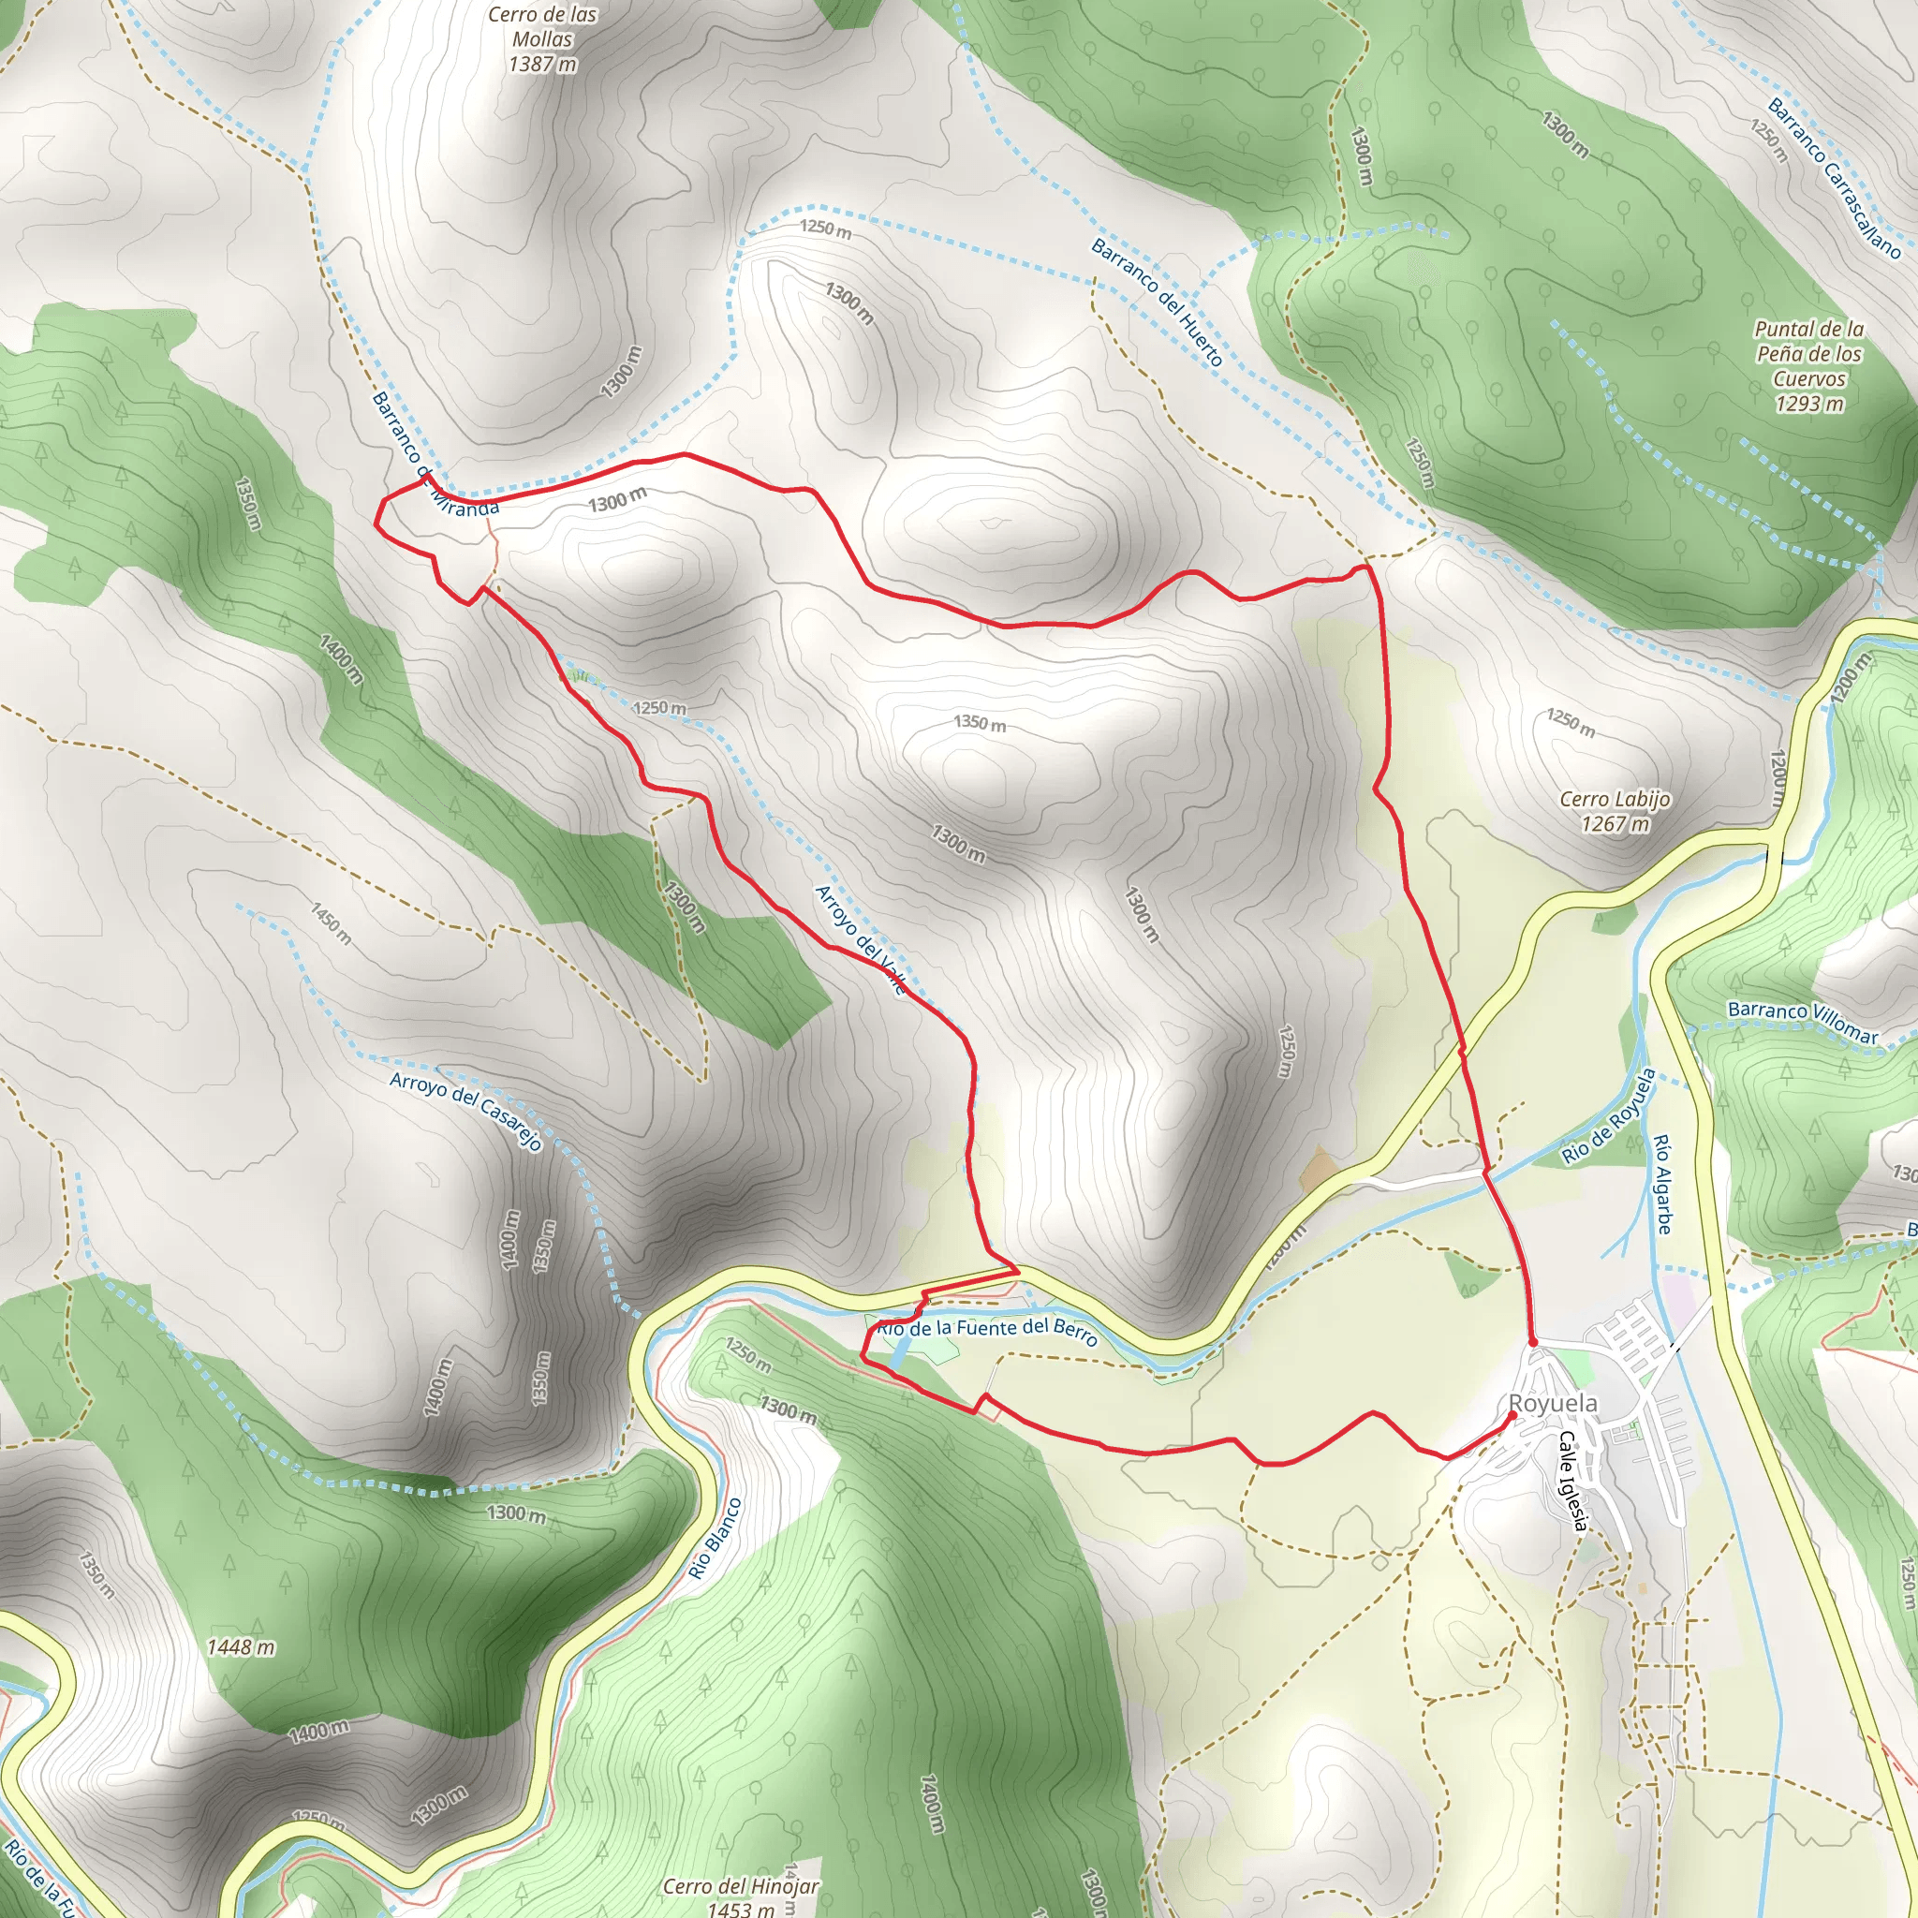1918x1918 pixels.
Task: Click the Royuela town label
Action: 1553,1403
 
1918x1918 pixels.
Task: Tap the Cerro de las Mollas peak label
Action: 542,39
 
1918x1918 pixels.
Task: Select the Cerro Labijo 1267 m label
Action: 1616,811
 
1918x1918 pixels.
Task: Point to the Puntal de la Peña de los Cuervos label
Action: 1808,365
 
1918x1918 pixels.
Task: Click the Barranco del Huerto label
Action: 1157,302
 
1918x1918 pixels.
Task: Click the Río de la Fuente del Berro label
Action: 987,1333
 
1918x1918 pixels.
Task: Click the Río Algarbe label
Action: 1664,1185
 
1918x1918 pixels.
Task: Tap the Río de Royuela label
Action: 1608,1117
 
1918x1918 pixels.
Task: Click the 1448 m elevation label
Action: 242,1648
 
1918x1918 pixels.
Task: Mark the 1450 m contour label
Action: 331,923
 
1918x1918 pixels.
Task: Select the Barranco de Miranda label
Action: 434,453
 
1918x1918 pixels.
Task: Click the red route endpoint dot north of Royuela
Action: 1533,1342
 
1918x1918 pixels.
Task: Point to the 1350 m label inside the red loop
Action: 980,723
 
